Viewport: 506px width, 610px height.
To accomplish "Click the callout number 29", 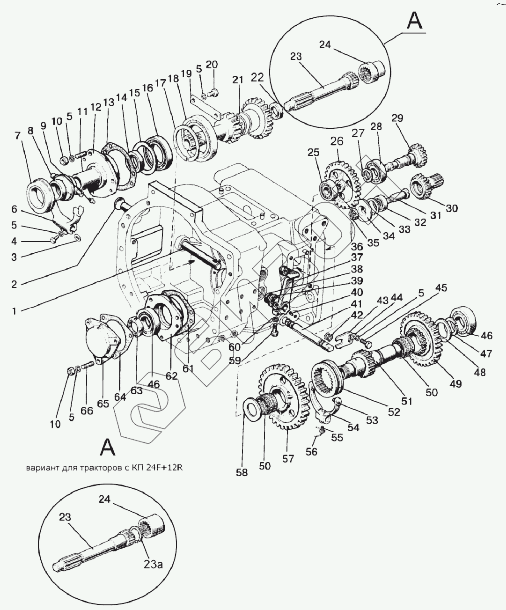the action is (397, 118).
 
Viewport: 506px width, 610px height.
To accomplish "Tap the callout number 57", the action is (288, 459).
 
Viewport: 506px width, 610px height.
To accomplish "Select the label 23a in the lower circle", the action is (153, 565).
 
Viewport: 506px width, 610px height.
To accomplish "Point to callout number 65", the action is (103, 404).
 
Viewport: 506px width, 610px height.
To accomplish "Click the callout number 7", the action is (17, 135).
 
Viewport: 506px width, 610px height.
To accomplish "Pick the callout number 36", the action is (357, 247).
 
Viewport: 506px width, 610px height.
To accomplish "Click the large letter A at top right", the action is (415, 21).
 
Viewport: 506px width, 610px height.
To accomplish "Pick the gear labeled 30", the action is (426, 186).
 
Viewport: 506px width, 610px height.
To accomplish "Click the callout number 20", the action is (212, 64).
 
